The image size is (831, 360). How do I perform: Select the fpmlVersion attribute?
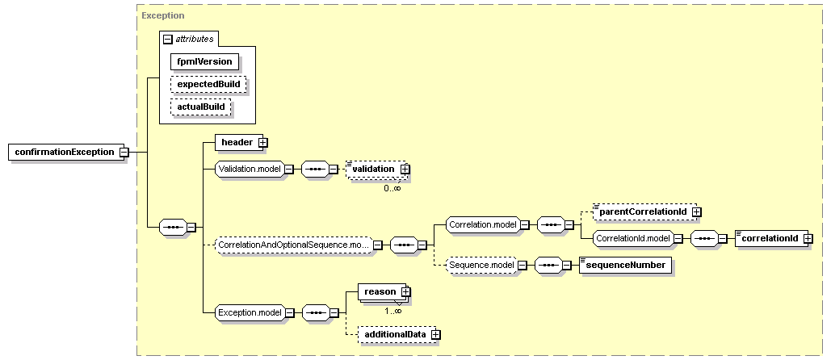click(x=204, y=61)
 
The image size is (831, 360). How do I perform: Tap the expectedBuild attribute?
click(x=209, y=84)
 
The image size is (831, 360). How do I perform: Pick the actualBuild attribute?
click(x=201, y=107)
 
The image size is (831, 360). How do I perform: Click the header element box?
click(x=239, y=142)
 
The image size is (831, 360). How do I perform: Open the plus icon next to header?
click(x=263, y=142)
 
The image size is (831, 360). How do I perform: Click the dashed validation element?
click(x=376, y=169)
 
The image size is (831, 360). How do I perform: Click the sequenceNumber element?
click(x=625, y=265)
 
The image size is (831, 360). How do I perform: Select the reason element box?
click(x=381, y=291)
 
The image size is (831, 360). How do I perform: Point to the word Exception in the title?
click(x=163, y=15)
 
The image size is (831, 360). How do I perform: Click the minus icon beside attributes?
click(x=168, y=40)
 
